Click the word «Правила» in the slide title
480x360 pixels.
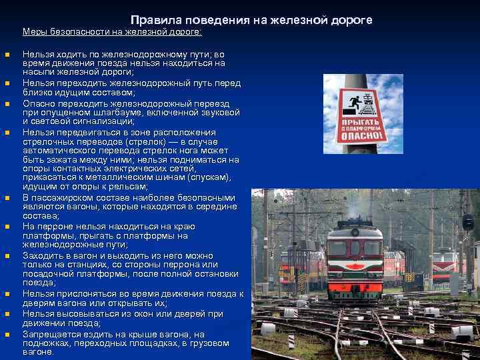point(153,21)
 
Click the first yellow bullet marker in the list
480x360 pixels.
point(7,55)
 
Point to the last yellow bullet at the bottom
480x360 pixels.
point(7,335)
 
